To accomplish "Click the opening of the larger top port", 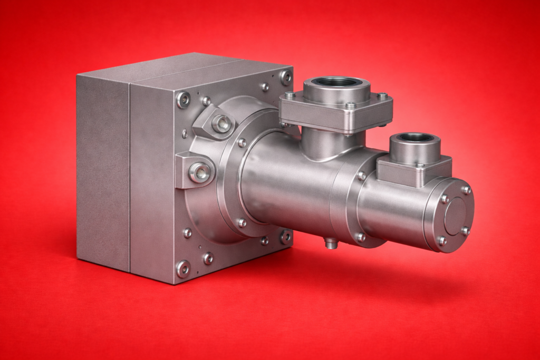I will [x=336, y=82].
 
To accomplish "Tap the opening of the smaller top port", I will [x=415, y=138].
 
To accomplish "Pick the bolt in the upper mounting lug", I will [x=221, y=124].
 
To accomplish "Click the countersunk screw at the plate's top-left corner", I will [x=184, y=100].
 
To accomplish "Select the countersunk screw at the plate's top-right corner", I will [x=286, y=77].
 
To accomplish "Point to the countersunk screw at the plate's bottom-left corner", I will [x=184, y=268].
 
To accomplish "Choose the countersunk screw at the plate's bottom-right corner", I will [x=285, y=237].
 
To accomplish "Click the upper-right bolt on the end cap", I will [x=466, y=190].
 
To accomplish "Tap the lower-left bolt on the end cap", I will [x=442, y=240].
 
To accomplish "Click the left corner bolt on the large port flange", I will [x=289, y=96].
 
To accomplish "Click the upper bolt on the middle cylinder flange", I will [x=362, y=176].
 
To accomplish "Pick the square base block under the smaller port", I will [x=414, y=171].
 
